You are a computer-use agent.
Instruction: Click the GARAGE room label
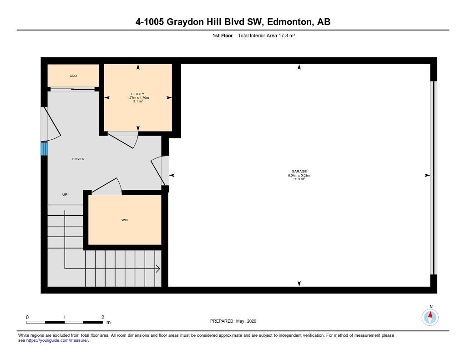299,171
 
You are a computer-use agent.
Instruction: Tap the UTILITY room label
137,94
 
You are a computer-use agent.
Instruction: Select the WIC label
125,220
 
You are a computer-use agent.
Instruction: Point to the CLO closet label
73,76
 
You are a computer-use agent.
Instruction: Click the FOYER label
78,159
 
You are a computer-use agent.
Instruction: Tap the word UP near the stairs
65,194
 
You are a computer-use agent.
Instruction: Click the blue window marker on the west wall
44,149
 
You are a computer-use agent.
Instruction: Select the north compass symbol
430,317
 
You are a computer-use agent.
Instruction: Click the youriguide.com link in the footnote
57,340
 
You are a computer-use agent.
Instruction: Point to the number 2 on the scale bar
103,317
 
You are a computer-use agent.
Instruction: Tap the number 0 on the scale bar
27,317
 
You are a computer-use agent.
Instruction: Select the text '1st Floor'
222,35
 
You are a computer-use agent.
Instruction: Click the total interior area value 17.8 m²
287,35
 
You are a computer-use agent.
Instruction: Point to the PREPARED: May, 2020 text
233,321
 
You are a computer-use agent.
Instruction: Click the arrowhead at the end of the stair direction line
158,269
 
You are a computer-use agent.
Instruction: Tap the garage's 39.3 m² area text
299,179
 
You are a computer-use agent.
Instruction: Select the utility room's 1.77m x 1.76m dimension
137,97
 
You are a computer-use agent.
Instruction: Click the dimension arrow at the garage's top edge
299,67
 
